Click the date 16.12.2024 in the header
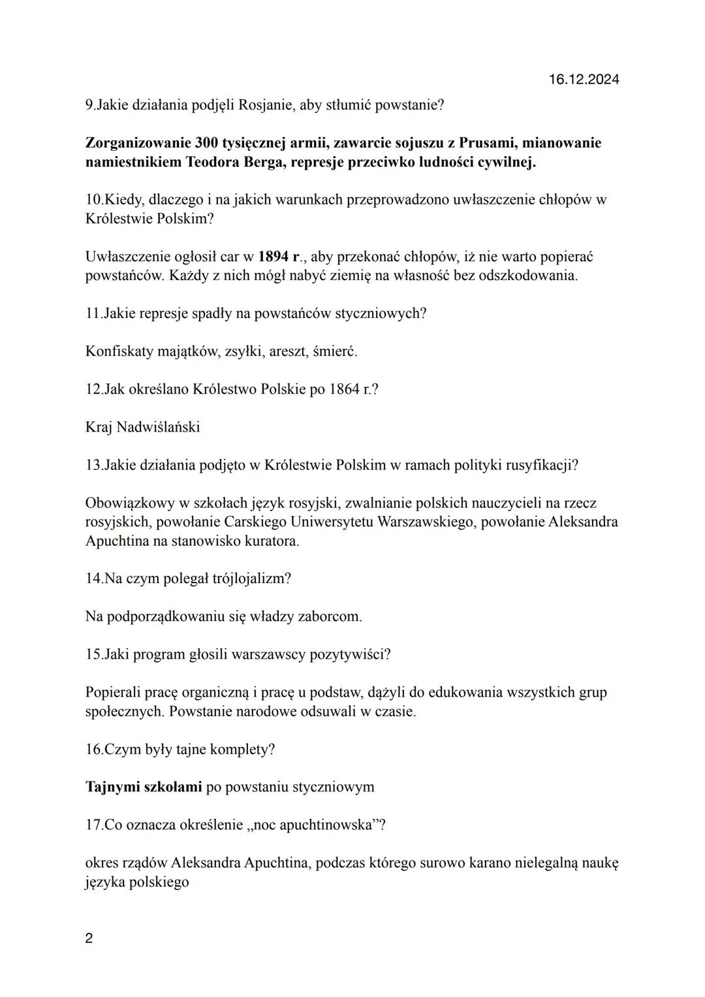click(584, 80)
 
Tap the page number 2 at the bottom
click(89, 938)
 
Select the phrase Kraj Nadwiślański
click(142, 427)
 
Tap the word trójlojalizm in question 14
click(251, 578)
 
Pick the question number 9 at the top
click(89, 104)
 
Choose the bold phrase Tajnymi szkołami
click(144, 786)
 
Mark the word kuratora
click(270, 541)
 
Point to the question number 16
click(93, 749)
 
